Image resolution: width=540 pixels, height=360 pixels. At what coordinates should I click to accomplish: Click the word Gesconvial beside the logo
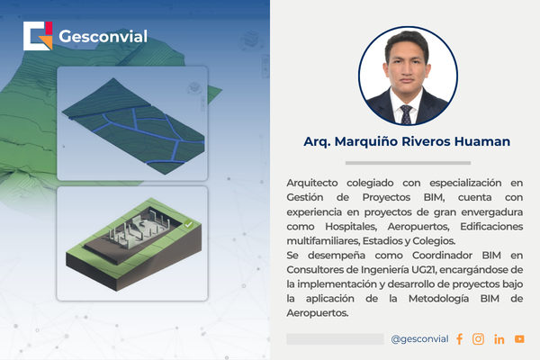tap(102, 37)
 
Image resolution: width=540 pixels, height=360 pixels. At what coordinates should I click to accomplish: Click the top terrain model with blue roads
tap(132, 122)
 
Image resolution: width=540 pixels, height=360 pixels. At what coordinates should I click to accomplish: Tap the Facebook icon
tap(459, 339)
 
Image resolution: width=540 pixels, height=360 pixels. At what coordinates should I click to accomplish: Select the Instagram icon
tap(478, 339)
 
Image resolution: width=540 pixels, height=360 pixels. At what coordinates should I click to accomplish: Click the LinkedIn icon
tap(499, 339)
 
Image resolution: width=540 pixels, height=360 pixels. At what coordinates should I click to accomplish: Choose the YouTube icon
tap(519, 339)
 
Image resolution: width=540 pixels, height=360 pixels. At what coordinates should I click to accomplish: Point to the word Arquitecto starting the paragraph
tap(315, 183)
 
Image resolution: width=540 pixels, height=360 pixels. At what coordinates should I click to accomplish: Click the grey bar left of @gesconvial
tap(335, 339)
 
